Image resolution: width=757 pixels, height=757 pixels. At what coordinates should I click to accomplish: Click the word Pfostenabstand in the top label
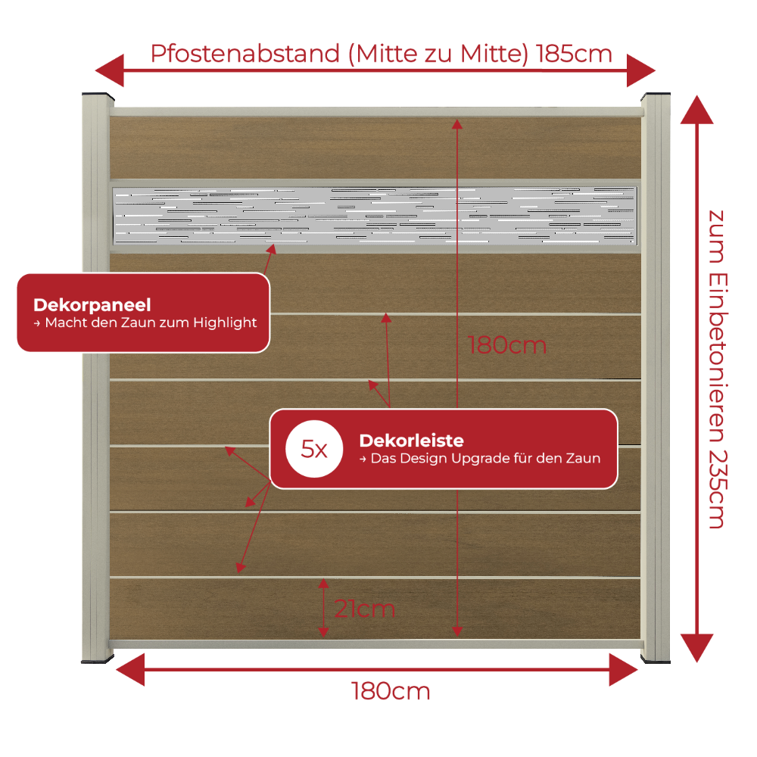(245, 55)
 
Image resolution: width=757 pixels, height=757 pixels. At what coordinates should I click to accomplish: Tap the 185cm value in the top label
(574, 54)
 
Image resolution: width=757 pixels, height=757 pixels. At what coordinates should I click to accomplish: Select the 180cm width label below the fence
(390, 691)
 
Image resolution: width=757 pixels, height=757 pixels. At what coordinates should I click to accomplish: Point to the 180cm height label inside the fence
(507, 345)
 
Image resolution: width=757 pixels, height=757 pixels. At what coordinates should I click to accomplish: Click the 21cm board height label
(365, 609)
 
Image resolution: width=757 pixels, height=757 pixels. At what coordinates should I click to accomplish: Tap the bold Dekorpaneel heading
(92, 305)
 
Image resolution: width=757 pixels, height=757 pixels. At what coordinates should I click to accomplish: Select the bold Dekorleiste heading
(411, 441)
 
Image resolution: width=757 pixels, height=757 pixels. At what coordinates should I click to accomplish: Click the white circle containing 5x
(314, 449)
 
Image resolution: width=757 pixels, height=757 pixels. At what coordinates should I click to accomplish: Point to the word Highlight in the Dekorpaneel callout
(225, 322)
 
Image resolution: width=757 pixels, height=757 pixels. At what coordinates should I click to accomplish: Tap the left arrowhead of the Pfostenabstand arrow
(110, 70)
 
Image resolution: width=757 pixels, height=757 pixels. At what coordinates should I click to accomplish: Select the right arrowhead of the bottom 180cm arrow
(623, 670)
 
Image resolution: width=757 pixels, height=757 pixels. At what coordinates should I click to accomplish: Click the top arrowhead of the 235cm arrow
(696, 110)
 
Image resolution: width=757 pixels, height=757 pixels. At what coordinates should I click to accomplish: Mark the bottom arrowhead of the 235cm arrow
(696, 648)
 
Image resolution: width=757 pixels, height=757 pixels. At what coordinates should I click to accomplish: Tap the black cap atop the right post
(656, 95)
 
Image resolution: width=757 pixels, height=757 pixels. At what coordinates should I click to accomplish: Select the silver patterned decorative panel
(375, 215)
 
